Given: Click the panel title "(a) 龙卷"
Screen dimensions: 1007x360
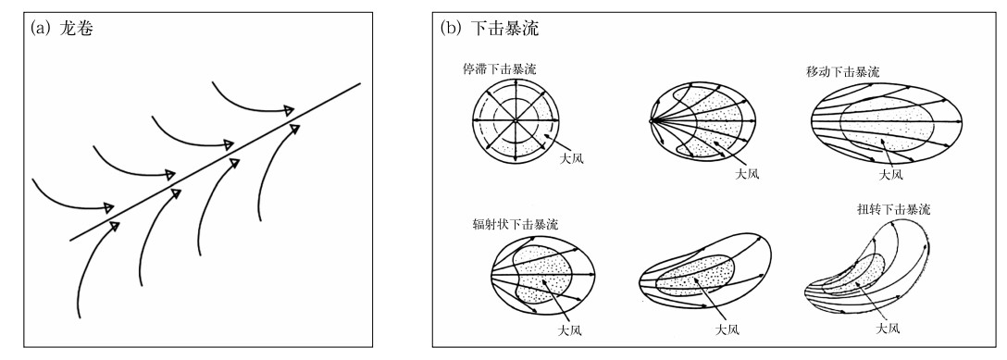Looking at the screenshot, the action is tap(62, 29).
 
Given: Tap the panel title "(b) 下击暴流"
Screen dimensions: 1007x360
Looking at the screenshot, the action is tap(490, 29).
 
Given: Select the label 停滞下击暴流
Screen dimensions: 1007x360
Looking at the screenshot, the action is tap(499, 68).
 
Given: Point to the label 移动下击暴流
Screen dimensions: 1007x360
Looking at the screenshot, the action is tap(843, 72).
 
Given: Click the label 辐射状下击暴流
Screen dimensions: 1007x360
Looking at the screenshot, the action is tap(515, 225).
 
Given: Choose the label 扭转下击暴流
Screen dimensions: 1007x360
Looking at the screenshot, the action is tap(893, 210).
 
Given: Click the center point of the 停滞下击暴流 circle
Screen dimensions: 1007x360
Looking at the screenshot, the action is tap(516, 120).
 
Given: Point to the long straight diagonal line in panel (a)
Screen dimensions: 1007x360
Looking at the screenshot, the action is tap(215, 162).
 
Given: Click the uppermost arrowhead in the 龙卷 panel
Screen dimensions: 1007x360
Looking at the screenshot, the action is tap(289, 110).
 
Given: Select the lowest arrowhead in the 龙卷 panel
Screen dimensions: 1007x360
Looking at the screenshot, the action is tap(115, 225).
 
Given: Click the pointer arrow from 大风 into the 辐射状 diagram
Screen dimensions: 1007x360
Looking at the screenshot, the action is tap(555, 301).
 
